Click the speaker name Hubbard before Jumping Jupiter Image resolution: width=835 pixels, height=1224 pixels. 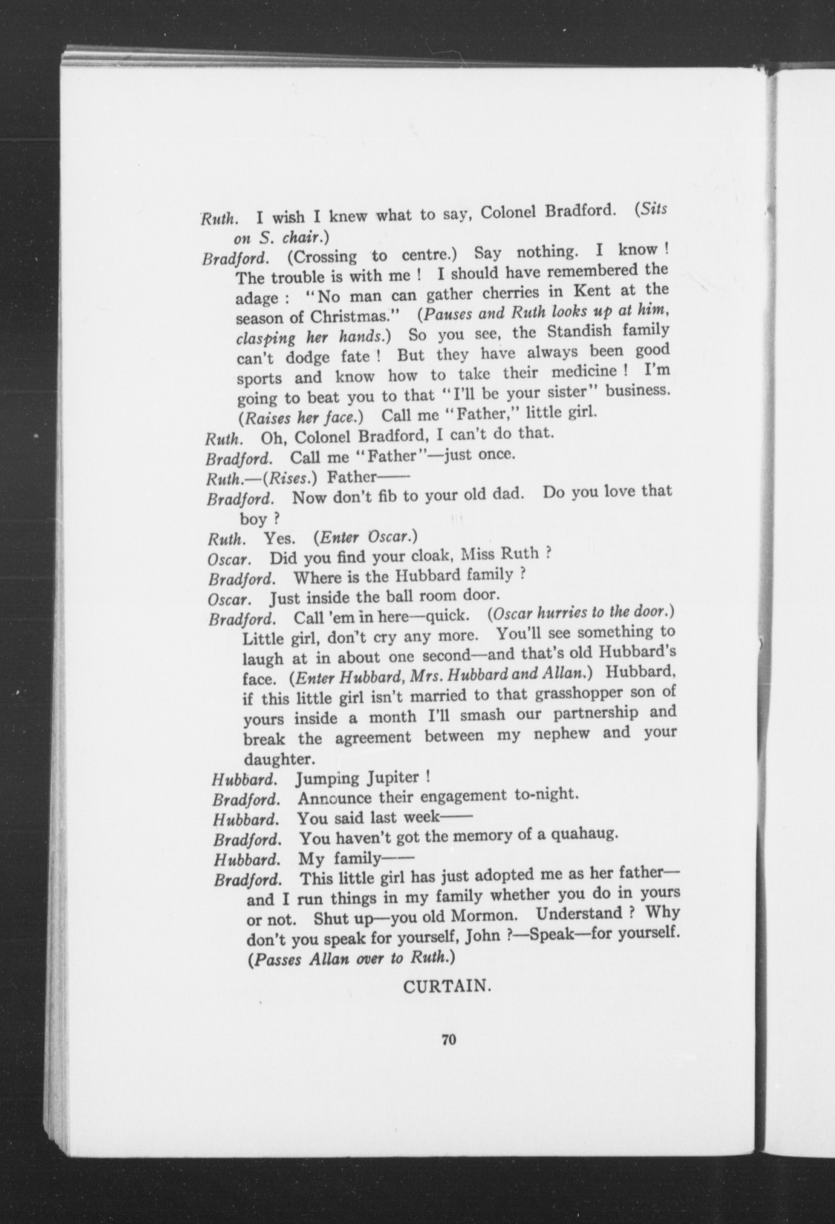pyautogui.click(x=245, y=779)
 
